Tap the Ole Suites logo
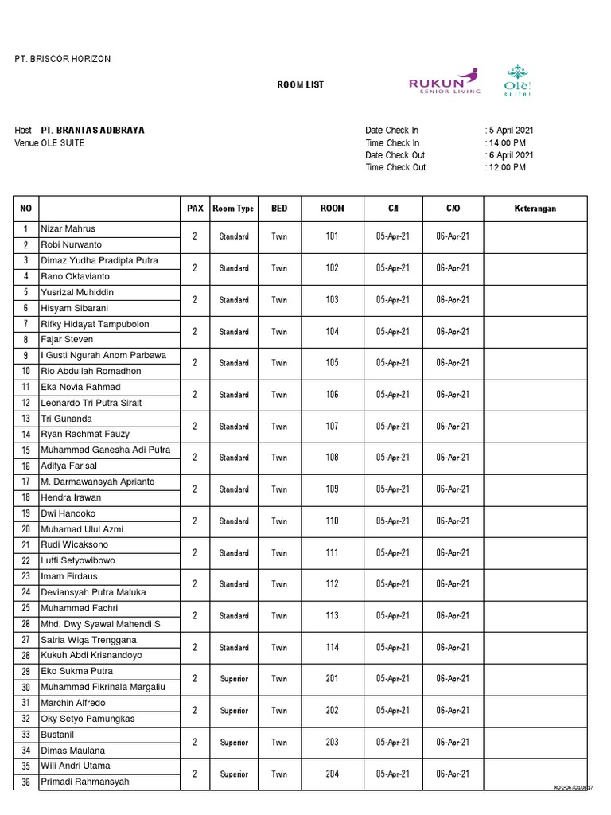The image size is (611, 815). tap(518, 80)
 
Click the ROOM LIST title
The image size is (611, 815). tap(300, 85)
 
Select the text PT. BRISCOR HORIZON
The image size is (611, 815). tap(63, 60)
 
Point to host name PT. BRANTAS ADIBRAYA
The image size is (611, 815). tap(93, 131)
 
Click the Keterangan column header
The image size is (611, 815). tap(535, 209)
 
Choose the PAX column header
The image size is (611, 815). tap(195, 209)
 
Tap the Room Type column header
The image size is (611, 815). tap(233, 209)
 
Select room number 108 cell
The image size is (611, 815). tap(332, 458)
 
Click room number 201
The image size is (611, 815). tap(332, 679)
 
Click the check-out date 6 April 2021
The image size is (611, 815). tap(511, 155)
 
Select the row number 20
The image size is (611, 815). tap(25, 529)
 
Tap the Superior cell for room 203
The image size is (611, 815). tap(234, 743)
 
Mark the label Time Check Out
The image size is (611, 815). tap(395, 168)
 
